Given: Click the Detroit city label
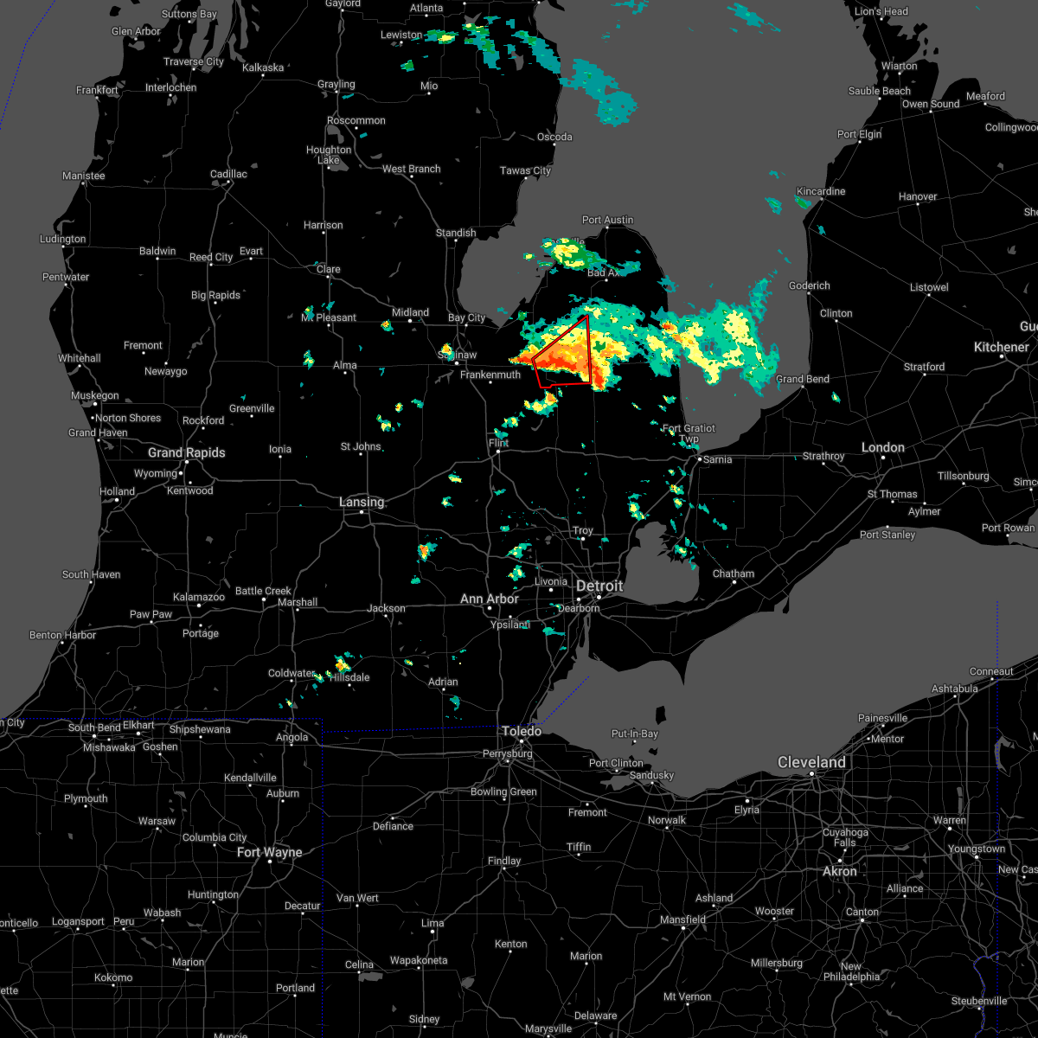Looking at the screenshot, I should [x=599, y=586].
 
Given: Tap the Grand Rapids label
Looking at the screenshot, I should [x=186, y=452].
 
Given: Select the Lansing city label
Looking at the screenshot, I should [x=362, y=502].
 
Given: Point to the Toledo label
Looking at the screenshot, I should [x=522, y=731].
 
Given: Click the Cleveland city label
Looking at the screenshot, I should [x=811, y=762].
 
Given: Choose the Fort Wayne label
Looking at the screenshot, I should [x=270, y=852].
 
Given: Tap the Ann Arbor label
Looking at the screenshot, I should [x=490, y=599].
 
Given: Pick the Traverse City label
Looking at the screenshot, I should [x=194, y=61].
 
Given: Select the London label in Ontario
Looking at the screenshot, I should [x=883, y=447].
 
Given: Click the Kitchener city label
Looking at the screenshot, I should [x=1002, y=347].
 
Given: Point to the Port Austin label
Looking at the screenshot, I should [x=607, y=220].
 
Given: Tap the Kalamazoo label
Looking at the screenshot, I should [x=199, y=597].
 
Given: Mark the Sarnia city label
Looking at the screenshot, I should [x=717, y=459].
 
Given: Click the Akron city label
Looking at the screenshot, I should [x=839, y=871].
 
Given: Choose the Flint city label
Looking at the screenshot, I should [x=499, y=443].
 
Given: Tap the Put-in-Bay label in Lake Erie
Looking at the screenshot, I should [x=634, y=734].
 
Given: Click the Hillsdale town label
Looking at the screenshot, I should [x=349, y=677].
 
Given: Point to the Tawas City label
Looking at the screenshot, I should [x=525, y=170].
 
